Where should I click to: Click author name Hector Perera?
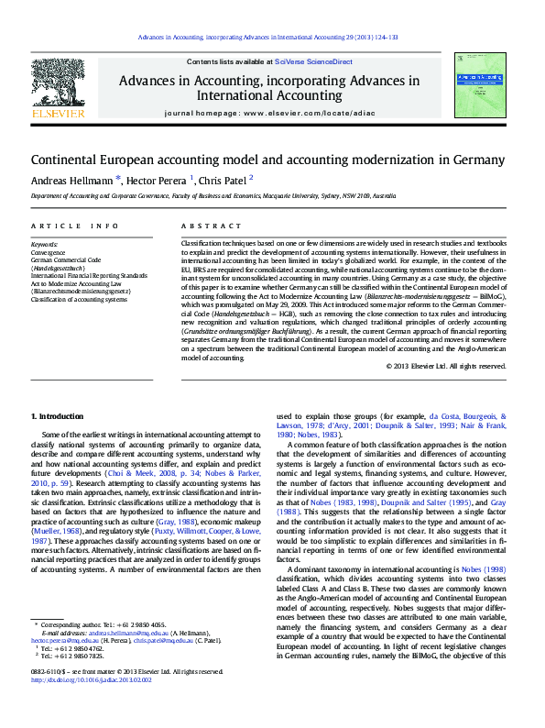click(157, 180)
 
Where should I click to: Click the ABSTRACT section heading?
click(205, 226)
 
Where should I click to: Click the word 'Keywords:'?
click(44, 245)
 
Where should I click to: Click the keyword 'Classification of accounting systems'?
click(79, 299)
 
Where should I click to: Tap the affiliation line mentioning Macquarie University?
click(213, 196)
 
